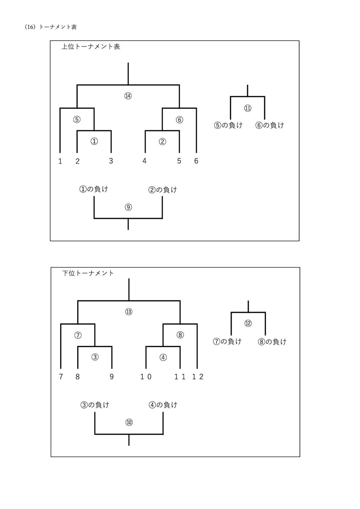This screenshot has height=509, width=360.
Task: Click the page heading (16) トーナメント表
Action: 51,27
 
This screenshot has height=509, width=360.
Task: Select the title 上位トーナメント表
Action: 91,47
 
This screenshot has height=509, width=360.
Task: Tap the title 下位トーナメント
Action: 88,273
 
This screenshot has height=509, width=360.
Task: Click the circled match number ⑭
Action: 128,96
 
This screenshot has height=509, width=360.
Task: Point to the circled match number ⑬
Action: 129,312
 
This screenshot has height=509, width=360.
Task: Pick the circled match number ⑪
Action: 247,108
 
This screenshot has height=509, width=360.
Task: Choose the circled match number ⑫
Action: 248,323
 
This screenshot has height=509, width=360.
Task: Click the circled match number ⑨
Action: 128,207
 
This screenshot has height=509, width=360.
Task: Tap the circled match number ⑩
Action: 129,423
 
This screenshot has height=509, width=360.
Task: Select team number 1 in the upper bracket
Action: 60,161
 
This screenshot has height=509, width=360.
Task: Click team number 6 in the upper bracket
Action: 196,161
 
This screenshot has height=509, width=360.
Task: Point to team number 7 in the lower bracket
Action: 61,377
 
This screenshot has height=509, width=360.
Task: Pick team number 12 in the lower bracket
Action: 198,377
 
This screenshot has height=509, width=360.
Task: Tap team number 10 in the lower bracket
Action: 146,377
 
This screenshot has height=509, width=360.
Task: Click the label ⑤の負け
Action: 228,125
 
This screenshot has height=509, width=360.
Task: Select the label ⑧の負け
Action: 272,342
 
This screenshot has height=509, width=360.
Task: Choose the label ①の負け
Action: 93,189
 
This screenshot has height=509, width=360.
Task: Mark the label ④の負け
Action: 163,405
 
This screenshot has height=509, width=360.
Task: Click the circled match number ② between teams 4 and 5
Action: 162,142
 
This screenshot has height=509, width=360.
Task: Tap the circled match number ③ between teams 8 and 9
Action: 95,357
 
